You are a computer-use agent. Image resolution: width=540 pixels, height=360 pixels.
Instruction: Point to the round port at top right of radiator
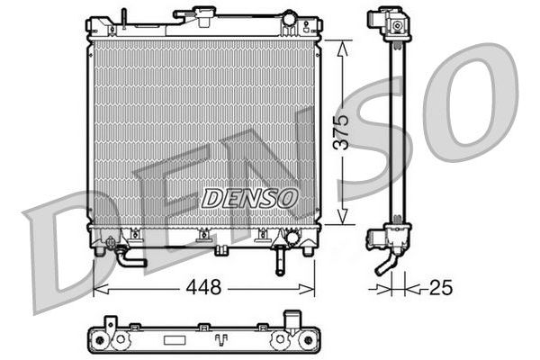click(x=290, y=18)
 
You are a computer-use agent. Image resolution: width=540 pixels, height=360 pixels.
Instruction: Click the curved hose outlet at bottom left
click(x=129, y=257)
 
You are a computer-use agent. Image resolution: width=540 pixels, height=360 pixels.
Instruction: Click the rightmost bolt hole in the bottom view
click(x=282, y=339)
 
